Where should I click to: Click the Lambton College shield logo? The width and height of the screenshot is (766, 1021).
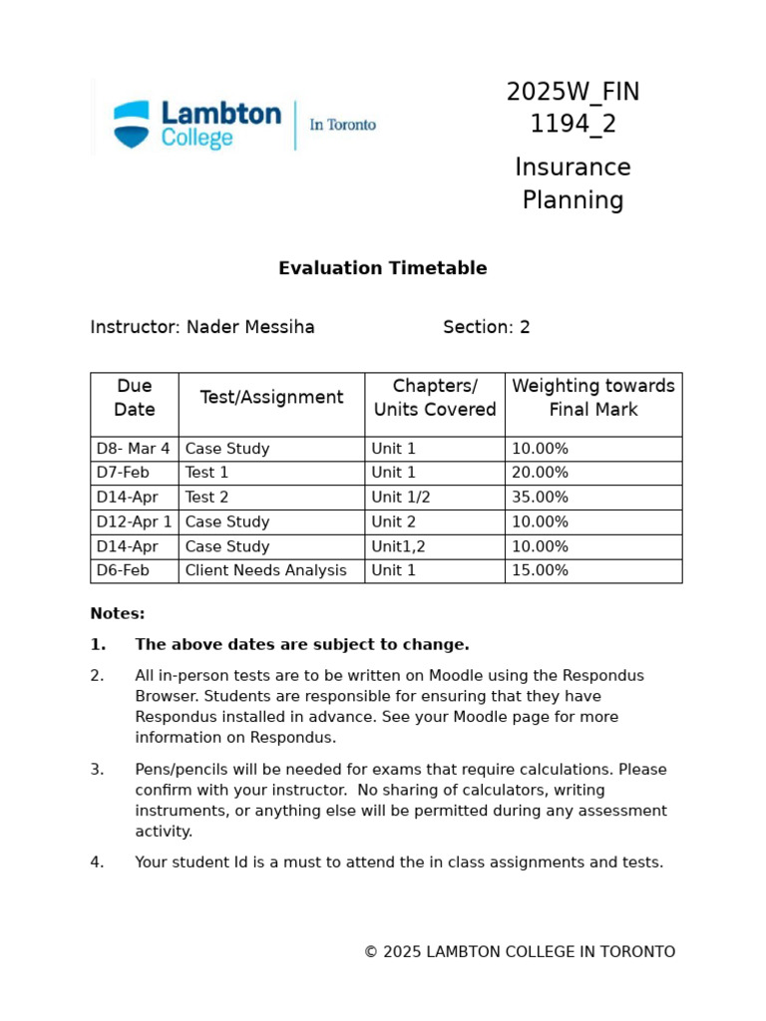tap(131, 125)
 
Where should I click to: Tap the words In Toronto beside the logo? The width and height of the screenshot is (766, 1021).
tap(342, 125)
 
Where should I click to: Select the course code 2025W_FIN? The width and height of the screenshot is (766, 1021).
tap(573, 93)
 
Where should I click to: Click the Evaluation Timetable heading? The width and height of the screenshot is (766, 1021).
tap(382, 268)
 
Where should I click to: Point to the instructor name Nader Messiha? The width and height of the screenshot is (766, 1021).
tap(250, 327)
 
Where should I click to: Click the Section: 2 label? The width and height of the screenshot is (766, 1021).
tap(486, 327)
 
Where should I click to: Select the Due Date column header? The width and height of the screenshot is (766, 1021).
tap(135, 398)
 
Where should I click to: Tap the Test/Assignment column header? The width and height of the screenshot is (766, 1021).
tap(271, 398)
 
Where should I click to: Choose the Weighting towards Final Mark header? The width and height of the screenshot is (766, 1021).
tap(592, 398)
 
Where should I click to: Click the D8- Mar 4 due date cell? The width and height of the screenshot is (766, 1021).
tap(133, 449)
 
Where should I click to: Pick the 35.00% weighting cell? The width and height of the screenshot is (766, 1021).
tap(540, 498)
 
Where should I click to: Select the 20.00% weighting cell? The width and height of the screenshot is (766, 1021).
tap(540, 473)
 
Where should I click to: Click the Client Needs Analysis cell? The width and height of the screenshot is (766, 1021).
tap(266, 570)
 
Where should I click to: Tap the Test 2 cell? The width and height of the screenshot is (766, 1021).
tap(206, 498)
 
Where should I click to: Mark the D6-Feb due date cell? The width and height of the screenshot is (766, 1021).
tap(123, 570)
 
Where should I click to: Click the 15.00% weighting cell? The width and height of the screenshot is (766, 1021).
tap(540, 570)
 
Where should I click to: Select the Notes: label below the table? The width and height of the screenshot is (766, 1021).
tap(118, 614)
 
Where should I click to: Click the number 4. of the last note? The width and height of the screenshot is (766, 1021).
tap(97, 862)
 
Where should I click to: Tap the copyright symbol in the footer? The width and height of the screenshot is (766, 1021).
tap(370, 952)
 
